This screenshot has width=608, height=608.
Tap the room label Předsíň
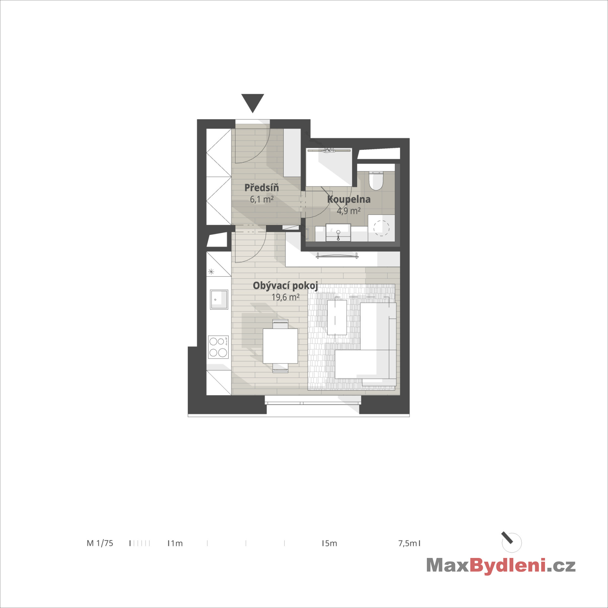[x=262, y=187]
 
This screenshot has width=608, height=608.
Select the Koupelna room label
[x=349, y=199]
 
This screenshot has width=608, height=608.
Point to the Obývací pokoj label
[x=285, y=286]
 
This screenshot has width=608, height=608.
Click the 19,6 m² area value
[x=285, y=297]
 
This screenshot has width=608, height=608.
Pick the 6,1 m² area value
[x=262, y=199]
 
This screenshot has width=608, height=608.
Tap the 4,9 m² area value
[x=349, y=211]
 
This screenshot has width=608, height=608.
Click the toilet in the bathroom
[x=376, y=181]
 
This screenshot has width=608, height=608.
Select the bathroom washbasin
[x=338, y=233]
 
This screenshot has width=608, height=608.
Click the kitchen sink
[x=219, y=299]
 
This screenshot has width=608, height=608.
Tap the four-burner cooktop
[x=218, y=347]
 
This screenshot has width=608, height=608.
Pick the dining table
[x=280, y=346]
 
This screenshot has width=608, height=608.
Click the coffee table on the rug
[x=337, y=317]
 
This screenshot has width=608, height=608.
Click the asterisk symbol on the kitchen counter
[x=211, y=272]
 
